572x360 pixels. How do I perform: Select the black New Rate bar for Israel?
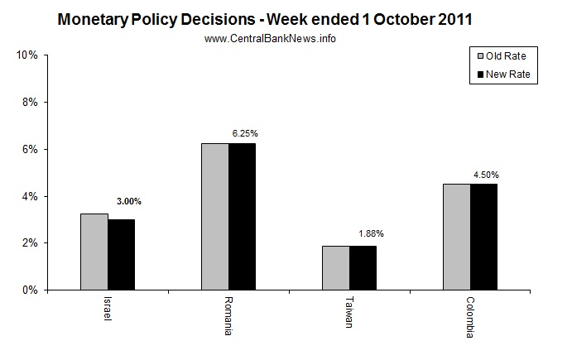tap(121, 255)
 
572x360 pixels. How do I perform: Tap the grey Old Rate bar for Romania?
tap(215, 217)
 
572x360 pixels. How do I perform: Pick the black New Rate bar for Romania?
tap(242, 217)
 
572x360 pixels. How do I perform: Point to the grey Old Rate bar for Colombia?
tap(457, 237)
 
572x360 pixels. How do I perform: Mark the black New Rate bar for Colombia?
tap(483, 237)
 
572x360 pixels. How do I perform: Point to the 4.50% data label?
tap(487, 175)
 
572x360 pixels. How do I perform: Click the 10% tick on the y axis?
tap(26, 55)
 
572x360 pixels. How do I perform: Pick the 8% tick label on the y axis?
tap(29, 102)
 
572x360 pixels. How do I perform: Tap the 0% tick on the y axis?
tap(29, 290)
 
